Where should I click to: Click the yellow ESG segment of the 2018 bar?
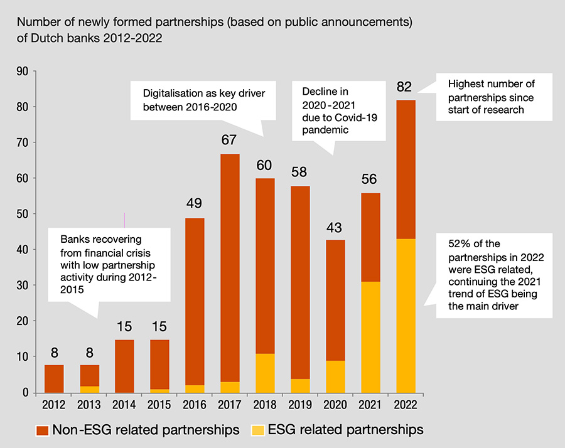tap(265, 373)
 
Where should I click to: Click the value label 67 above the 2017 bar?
tap(230, 139)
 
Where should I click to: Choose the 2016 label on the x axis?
tap(195, 405)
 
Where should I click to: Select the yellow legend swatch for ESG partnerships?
tap(256, 430)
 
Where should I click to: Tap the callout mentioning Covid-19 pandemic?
tap(332, 111)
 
